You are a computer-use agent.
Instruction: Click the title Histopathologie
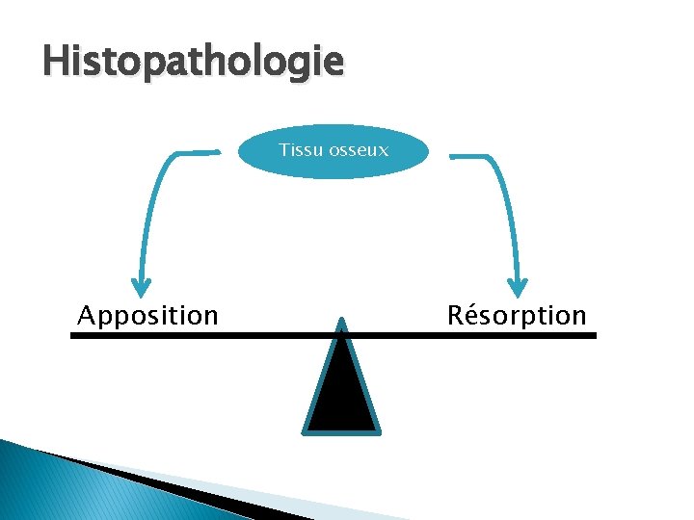coord(193,63)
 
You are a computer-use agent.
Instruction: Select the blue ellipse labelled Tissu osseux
coord(333,151)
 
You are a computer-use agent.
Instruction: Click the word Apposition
coord(147,315)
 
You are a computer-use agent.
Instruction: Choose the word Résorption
coord(517,315)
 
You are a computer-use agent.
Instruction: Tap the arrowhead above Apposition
coord(143,286)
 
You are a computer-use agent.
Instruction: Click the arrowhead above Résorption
coord(519,286)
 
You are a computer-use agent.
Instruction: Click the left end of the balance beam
coord(73,336)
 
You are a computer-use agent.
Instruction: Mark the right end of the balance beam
coord(594,336)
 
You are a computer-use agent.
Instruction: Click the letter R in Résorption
coord(457,315)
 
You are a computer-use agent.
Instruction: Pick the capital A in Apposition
coord(87,315)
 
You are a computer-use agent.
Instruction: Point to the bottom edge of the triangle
coord(342,429)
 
